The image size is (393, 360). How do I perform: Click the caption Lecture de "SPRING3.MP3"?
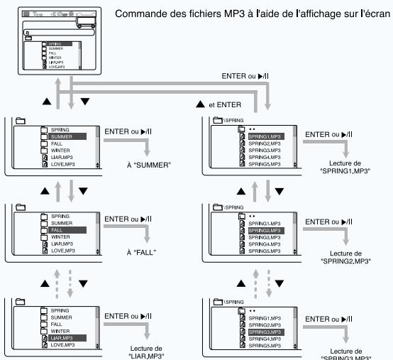tap(327, 352)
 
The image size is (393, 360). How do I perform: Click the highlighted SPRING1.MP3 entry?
tap(267, 136)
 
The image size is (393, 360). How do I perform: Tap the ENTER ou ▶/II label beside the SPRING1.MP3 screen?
tap(328, 133)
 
